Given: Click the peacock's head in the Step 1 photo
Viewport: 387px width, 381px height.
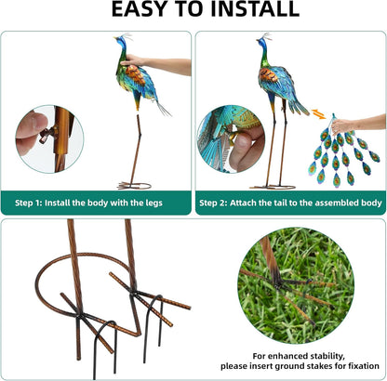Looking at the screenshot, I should coord(120,43).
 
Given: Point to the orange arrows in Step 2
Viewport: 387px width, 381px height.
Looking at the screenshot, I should coord(318,115).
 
